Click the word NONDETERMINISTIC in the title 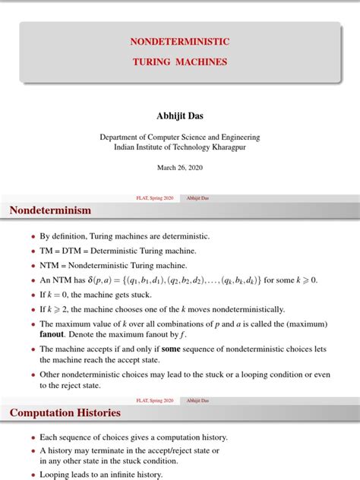point(179,40)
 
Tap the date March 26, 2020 point(180,167)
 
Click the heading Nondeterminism point(50,210)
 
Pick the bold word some point(170,349)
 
